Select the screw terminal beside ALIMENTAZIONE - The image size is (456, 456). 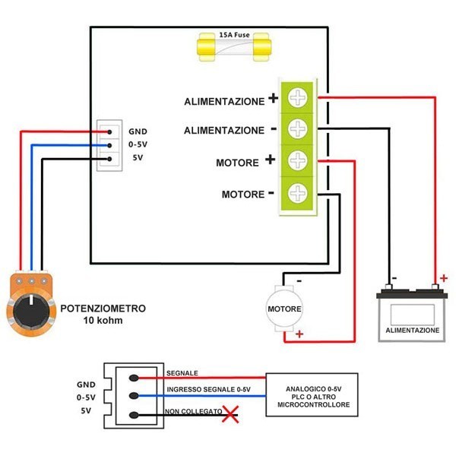[298, 129]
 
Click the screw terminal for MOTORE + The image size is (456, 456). [298, 160]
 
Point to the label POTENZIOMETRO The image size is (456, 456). [103, 309]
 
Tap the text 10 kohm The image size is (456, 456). [103, 321]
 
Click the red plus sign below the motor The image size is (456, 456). [299, 334]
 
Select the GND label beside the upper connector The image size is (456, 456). [138, 131]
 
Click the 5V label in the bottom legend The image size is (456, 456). [86, 410]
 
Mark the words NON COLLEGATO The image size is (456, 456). [193, 411]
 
